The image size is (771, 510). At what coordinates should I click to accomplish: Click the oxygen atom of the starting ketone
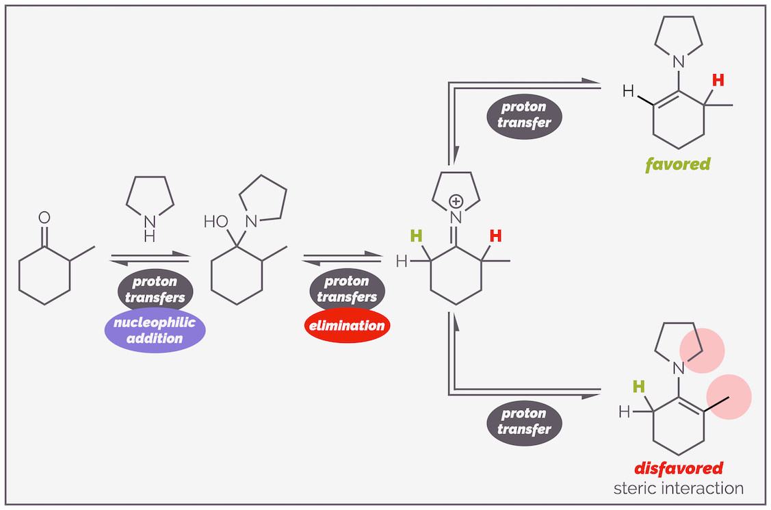tap(44, 218)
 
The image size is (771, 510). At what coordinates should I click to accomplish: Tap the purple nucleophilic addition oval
tap(155, 330)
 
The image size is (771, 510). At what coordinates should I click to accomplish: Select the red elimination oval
tap(347, 326)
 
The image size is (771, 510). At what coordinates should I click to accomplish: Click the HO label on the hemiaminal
tap(216, 221)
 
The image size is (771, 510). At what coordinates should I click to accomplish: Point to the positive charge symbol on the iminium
tap(456, 201)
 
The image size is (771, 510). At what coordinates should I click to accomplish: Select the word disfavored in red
tap(679, 469)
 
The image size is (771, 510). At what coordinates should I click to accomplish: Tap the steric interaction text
tap(679, 488)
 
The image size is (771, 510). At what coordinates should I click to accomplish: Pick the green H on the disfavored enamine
tap(638, 387)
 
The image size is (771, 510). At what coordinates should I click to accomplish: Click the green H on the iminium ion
tap(416, 237)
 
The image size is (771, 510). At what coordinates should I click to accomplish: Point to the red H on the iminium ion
tap(495, 237)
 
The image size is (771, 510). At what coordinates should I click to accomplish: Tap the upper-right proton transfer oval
tap(524, 115)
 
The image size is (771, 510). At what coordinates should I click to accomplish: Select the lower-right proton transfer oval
tap(524, 421)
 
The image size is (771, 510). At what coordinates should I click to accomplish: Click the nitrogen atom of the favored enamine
tap(678, 62)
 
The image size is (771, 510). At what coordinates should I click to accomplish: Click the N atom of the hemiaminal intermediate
tap(250, 221)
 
